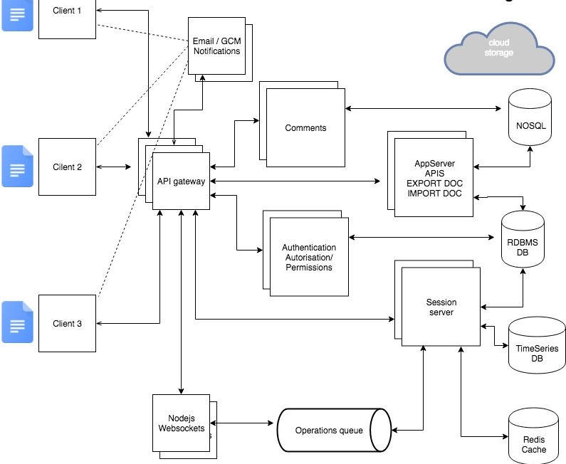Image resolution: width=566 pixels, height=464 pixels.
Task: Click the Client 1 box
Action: [67, 17]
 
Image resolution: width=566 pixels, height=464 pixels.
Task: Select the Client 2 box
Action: [67, 167]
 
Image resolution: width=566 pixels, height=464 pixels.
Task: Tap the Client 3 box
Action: [67, 323]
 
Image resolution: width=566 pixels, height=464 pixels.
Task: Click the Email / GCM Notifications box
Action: [216, 46]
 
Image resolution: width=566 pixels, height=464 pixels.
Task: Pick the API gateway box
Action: [182, 181]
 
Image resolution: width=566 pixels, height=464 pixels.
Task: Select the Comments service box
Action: [305, 128]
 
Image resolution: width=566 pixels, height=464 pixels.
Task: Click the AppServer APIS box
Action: [434, 179]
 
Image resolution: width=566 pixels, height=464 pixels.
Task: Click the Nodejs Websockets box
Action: [181, 423]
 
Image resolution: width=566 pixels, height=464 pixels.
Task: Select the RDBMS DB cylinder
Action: [523, 242]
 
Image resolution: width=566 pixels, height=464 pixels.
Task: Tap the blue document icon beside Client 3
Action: [17, 322]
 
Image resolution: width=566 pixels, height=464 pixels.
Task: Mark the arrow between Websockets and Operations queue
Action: [243, 423]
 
